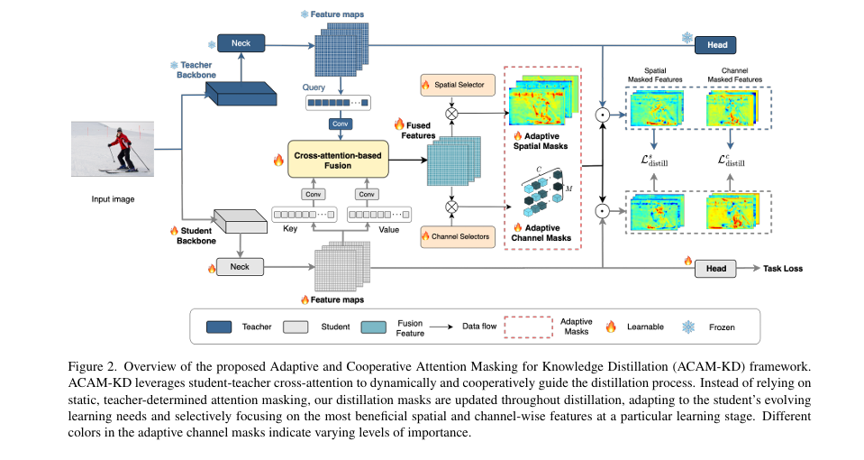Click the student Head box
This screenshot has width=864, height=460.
pyautogui.click(x=715, y=268)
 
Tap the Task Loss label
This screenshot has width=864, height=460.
pyautogui.click(x=783, y=268)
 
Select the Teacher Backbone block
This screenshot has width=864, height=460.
pyautogui.click(x=217, y=90)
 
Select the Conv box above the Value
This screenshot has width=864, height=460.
pyautogui.click(x=366, y=194)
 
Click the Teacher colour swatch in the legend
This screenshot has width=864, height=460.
pyautogui.click(x=221, y=326)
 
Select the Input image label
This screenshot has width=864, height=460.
pyautogui.click(x=113, y=198)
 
